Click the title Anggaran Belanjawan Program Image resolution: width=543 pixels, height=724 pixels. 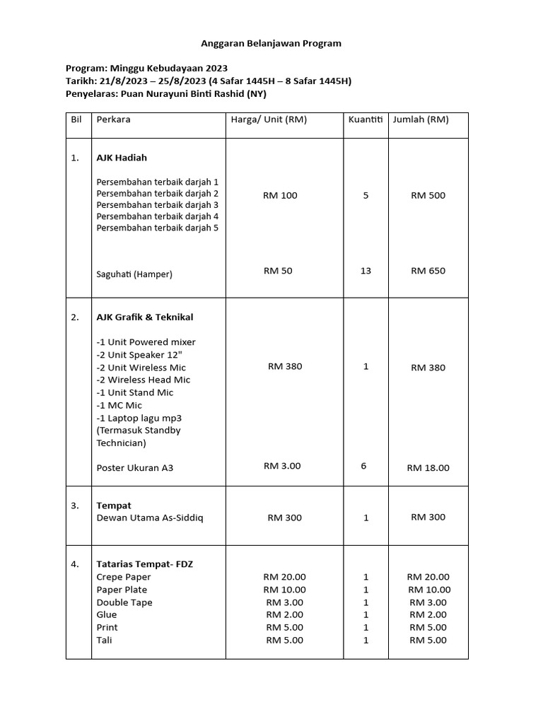pyautogui.click(x=272, y=43)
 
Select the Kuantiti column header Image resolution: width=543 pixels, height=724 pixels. pyautogui.click(x=365, y=119)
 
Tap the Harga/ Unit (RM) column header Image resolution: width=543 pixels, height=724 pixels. pyautogui.click(x=269, y=119)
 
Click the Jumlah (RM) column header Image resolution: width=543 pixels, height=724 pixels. pyautogui.click(x=421, y=119)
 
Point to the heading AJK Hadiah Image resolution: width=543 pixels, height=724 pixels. pyautogui.click(x=122, y=158)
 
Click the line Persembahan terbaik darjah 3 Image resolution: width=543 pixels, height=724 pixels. pyautogui.click(x=157, y=204)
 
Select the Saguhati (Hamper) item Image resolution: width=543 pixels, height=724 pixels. pyautogui.click(x=134, y=274)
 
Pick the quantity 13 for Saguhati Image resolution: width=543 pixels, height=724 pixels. pyautogui.click(x=366, y=271)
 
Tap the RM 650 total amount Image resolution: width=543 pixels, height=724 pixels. pyautogui.click(x=428, y=271)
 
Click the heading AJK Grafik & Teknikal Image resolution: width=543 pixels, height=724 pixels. pyautogui.click(x=144, y=317)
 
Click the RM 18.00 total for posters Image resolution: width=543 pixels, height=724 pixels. pyautogui.click(x=428, y=467)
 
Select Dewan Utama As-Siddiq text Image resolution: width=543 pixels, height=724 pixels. pyautogui.click(x=149, y=518)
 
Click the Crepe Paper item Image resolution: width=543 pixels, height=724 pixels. pyautogui.click(x=124, y=577)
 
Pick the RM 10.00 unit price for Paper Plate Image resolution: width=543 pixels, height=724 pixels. pyautogui.click(x=284, y=590)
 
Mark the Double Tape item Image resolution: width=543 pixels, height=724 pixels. pyautogui.click(x=124, y=602)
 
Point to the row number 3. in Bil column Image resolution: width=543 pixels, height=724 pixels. pyautogui.click(x=76, y=506)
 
